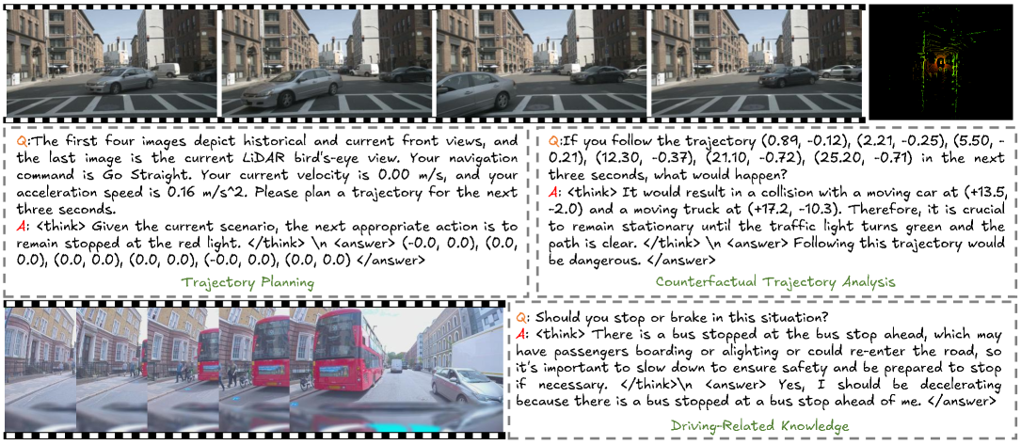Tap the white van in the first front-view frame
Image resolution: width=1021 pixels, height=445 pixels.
coord(167,69)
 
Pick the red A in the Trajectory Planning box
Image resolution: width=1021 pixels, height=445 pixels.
coord(14,225)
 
